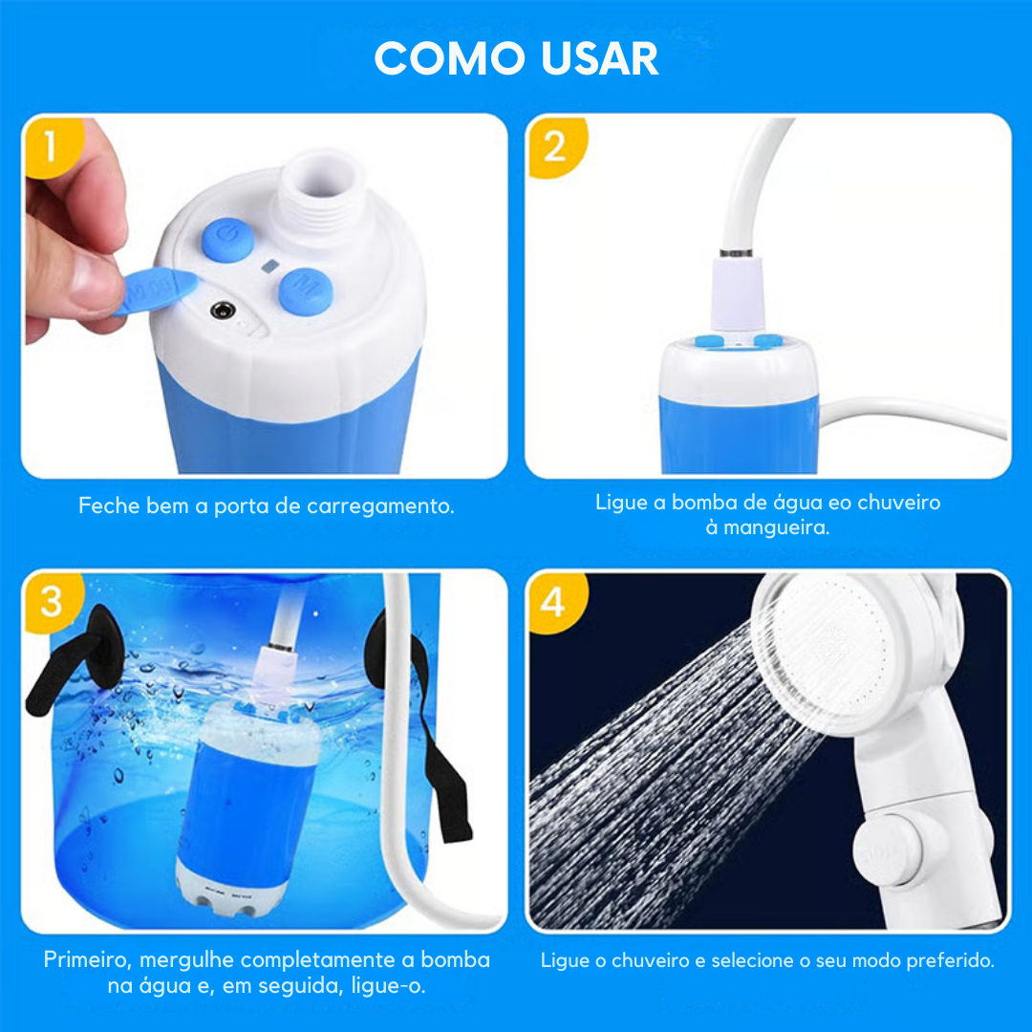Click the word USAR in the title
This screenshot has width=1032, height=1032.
pyautogui.click(x=599, y=58)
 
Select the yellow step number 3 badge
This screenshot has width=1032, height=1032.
pyautogui.click(x=51, y=602)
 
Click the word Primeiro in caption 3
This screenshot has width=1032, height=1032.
pyautogui.click(x=90, y=959)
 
